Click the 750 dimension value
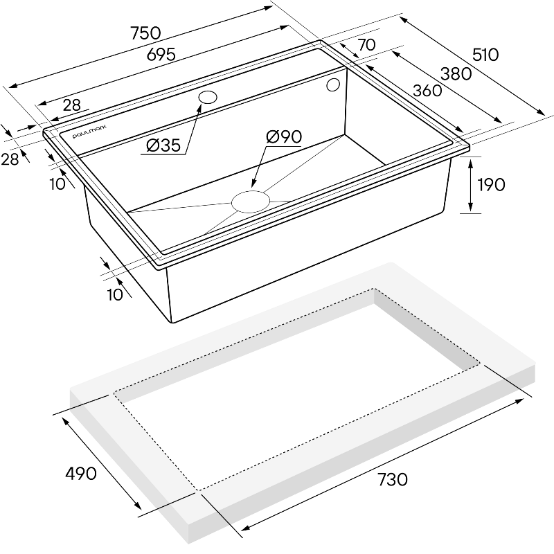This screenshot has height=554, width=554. click(x=146, y=33)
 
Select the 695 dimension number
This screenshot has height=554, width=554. click(x=161, y=55)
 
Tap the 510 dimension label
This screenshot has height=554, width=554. click(x=485, y=55)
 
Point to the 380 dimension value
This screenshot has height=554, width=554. click(x=456, y=74)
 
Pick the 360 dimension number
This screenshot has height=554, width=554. click(x=427, y=91)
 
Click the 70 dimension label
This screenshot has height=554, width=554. click(x=367, y=45)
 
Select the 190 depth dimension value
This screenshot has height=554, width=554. click(x=491, y=184)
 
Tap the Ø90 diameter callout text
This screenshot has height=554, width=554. click(x=284, y=136)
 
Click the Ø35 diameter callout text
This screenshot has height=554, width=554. click(x=163, y=145)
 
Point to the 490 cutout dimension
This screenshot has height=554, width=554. click(x=81, y=474)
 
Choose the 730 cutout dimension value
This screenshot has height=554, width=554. click(x=393, y=479)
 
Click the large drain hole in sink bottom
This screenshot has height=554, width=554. click(x=251, y=202)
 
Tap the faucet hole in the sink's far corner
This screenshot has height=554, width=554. click(x=333, y=84)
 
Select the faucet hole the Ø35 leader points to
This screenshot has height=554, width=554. click(x=208, y=97)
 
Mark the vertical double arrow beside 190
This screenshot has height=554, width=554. click(x=470, y=185)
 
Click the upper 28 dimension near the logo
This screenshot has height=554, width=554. click(x=72, y=105)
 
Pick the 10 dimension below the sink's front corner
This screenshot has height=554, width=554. click(x=115, y=294)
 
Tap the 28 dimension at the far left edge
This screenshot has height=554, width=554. click(x=10, y=160)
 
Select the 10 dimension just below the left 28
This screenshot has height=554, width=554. click(x=57, y=184)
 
